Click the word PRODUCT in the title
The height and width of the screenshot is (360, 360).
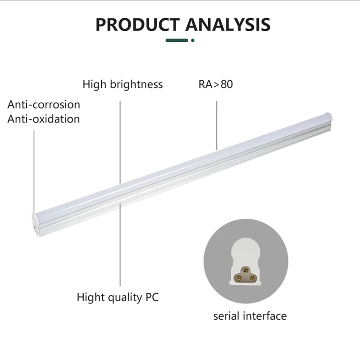click(138, 24)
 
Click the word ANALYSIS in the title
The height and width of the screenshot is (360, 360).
click(228, 24)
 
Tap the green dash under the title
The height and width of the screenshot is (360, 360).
click(177, 40)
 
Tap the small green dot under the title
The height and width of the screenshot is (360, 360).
click(192, 40)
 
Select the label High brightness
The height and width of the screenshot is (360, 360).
click(122, 84)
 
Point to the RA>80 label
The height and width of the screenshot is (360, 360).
click(216, 84)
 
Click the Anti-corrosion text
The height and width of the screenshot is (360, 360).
click(44, 104)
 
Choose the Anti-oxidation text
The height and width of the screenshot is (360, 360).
click(44, 119)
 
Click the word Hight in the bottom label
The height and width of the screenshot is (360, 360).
click(91, 297)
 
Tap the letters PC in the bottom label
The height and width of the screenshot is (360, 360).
click(152, 297)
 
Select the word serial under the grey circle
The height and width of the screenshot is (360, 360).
click(228, 315)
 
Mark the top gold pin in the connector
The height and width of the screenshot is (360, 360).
click(246, 271)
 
